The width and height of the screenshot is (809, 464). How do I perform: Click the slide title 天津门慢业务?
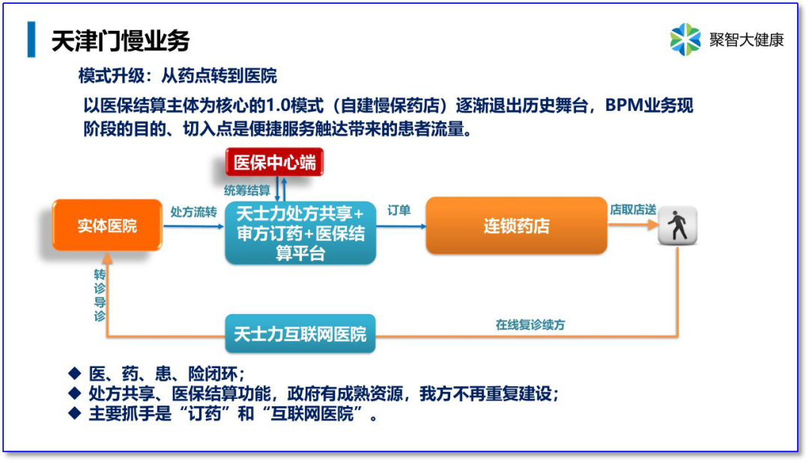coord(120,40)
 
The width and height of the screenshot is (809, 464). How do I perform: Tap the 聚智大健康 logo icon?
coord(685,40)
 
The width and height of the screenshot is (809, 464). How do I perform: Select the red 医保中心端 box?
coord(275,163)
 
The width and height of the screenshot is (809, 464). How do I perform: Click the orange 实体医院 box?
coord(107,225)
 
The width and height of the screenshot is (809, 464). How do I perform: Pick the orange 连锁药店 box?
coord(516,225)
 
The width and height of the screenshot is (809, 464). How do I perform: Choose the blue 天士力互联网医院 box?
coord(300,334)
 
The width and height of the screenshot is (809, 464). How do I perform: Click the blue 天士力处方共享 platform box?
coord(300,232)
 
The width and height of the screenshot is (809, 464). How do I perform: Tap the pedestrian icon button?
coord(678,225)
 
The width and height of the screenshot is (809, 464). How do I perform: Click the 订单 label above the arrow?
coord(399,211)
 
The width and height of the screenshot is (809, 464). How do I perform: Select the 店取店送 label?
coord(633,210)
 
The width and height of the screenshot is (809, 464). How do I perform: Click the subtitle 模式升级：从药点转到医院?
coord(178,76)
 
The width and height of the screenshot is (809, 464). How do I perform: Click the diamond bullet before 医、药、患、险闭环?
coord(73,373)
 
